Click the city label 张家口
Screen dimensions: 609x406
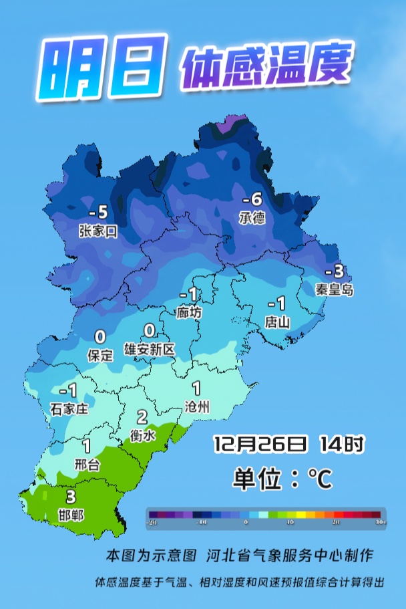tap(97, 231)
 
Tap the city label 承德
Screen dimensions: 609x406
tap(252, 218)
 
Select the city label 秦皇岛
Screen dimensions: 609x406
tap(335, 289)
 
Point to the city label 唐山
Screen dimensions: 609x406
tap(277, 322)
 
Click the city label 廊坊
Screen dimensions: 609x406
tap(189, 312)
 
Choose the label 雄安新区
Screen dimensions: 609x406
tap(150, 349)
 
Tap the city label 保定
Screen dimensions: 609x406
tap(101, 355)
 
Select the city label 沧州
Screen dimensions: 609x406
tap(197, 406)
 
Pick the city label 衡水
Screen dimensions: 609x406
tap(142, 435)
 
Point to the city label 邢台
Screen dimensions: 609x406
tap(87, 464)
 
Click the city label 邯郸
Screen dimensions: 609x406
tap(71, 515)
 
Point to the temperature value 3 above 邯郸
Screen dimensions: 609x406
tap(71, 497)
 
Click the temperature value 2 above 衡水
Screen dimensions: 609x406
tap(142, 417)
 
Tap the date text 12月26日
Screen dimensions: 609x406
tap(260, 443)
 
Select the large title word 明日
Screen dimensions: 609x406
tap(100, 69)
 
